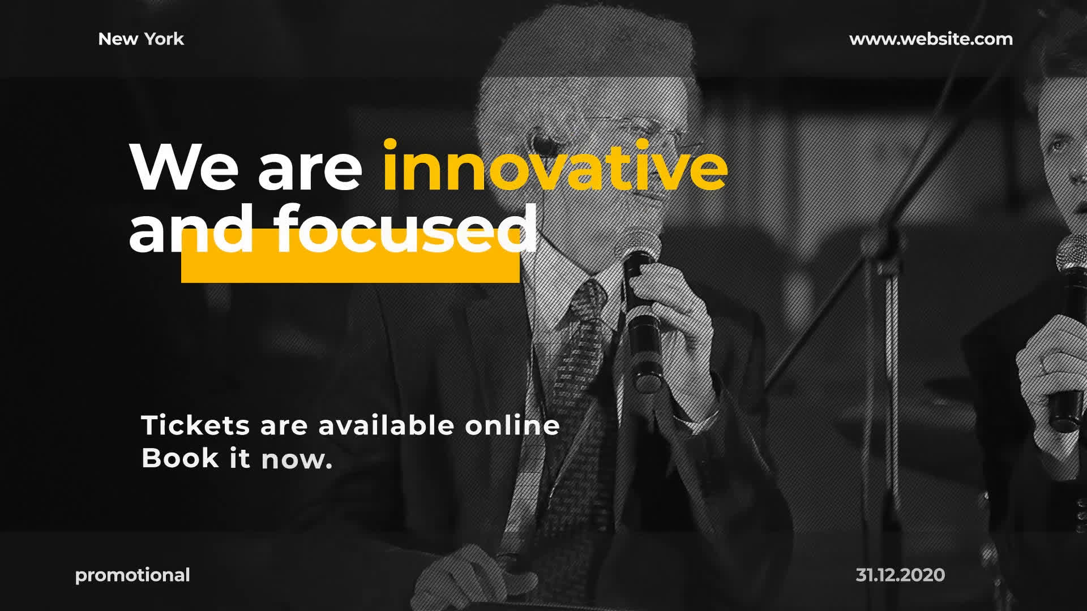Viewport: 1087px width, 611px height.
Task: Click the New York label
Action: pyautogui.click(x=141, y=39)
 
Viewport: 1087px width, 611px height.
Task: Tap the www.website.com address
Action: pyautogui.click(x=931, y=39)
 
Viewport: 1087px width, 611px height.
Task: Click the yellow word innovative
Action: pyautogui.click(x=555, y=166)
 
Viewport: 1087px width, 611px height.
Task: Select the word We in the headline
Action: pyautogui.click(x=184, y=167)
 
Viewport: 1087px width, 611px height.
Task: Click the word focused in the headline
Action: pyautogui.click(x=406, y=230)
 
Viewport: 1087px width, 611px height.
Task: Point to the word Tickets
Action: pyautogui.click(x=195, y=425)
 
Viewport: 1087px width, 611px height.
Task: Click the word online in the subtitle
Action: pyautogui.click(x=512, y=425)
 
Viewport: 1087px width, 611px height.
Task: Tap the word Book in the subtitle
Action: pyautogui.click(x=180, y=458)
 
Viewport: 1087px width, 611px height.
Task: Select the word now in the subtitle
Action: pyautogui.click(x=296, y=459)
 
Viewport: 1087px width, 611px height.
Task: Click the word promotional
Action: pyautogui.click(x=132, y=575)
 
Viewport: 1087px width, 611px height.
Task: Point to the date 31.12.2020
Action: pyautogui.click(x=900, y=575)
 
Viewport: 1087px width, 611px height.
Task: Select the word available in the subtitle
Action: pyautogui.click(x=386, y=425)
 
